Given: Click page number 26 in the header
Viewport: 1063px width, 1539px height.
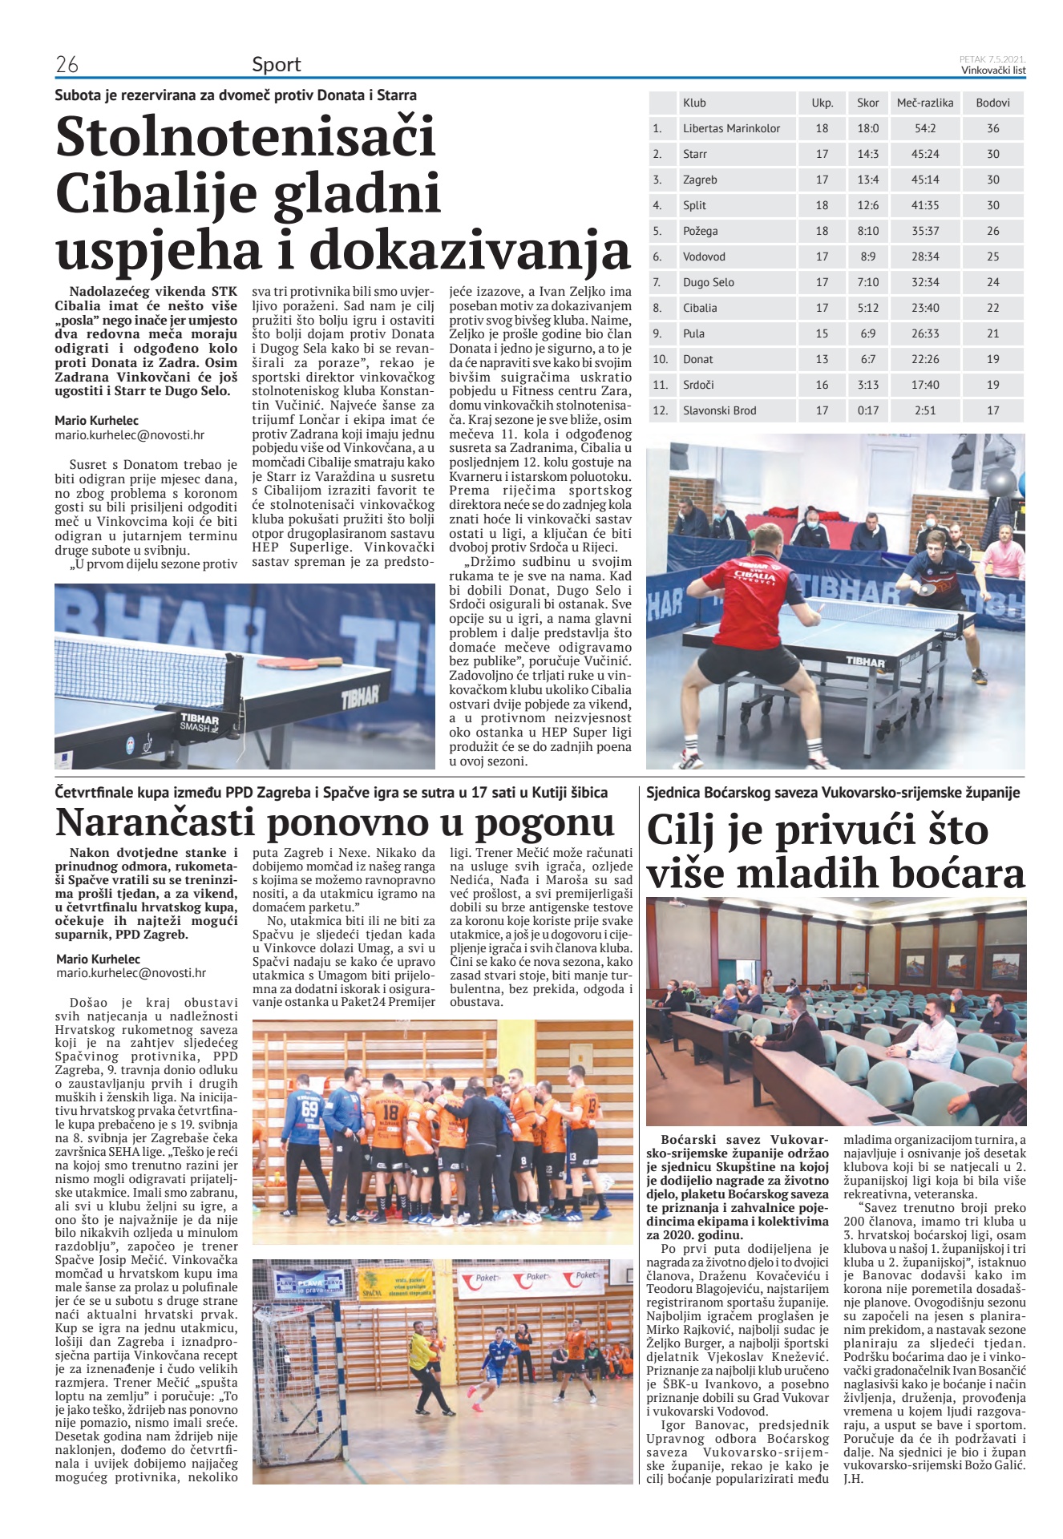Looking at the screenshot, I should tap(67, 65).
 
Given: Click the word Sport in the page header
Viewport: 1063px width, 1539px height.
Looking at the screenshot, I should tap(277, 65).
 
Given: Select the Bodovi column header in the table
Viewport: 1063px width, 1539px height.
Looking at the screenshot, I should tap(992, 103).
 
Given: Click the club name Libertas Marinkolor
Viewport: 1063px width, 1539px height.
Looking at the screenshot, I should tap(731, 128).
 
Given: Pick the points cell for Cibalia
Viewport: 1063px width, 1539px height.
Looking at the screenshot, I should tap(992, 308).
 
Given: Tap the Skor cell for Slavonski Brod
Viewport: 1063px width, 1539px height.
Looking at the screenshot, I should tap(867, 410).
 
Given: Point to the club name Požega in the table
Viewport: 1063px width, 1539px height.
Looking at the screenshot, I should tap(700, 231).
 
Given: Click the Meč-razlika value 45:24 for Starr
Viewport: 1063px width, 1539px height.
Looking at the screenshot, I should tap(924, 154).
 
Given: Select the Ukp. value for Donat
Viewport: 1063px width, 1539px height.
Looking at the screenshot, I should tap(822, 359).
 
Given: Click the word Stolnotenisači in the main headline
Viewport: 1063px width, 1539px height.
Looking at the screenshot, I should tap(245, 137).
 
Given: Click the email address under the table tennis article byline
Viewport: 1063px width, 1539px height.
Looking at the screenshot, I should tap(129, 435).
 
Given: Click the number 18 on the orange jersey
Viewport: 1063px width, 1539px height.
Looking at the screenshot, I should tap(390, 1112).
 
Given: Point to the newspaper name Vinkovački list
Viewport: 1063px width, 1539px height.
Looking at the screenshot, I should tap(993, 71).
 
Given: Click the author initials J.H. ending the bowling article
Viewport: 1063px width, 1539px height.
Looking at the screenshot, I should tap(853, 1479).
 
